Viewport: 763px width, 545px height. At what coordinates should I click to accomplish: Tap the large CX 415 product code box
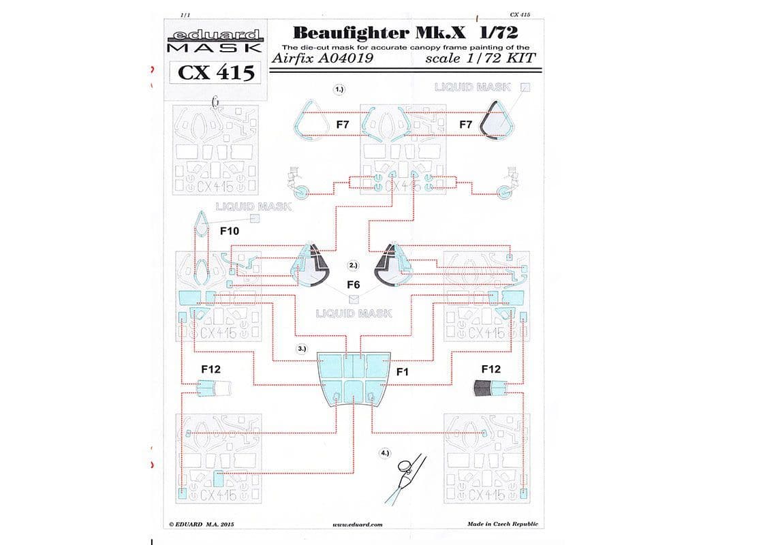(215, 72)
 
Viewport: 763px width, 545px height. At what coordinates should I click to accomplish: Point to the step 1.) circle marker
(339, 89)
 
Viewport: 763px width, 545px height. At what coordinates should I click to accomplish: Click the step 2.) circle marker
(353, 265)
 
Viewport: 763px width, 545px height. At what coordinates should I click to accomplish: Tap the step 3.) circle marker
(302, 348)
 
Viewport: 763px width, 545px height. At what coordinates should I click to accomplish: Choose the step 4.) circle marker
(386, 452)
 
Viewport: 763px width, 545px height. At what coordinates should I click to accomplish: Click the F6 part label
(353, 284)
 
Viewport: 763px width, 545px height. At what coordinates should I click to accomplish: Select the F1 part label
(402, 372)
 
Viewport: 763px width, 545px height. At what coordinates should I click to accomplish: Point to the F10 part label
(230, 232)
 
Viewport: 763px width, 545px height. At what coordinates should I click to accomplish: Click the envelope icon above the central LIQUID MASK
(353, 298)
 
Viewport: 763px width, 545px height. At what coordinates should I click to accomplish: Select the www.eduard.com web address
(358, 525)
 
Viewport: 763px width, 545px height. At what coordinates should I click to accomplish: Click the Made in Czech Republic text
(503, 524)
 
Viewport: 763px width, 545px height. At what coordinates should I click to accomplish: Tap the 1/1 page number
(185, 14)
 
